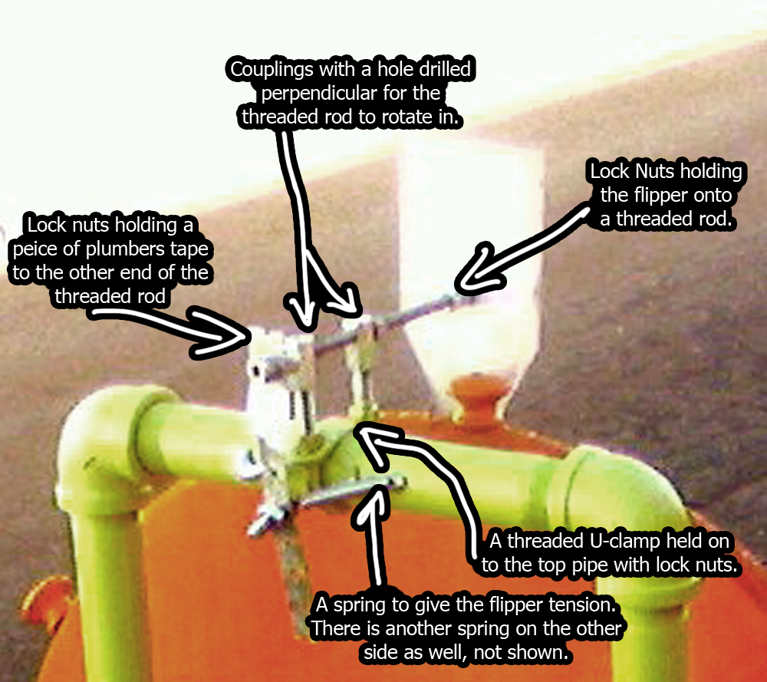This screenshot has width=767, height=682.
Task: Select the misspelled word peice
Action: click(52, 250)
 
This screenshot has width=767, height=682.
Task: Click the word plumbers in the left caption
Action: click(140, 250)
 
